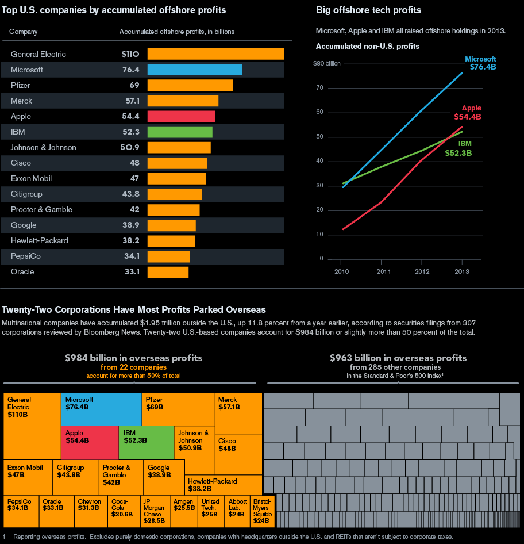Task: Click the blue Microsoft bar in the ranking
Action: (194, 70)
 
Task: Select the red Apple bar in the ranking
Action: (181, 116)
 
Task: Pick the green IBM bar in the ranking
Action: (180, 132)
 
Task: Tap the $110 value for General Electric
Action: (130, 54)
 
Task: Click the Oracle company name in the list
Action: (22, 271)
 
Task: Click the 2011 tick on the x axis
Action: (383, 271)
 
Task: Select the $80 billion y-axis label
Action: (327, 64)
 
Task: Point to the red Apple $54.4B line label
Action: (468, 113)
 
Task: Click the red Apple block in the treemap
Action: (90, 442)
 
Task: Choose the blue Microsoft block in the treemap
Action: (101, 409)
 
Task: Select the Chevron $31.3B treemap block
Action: (91, 511)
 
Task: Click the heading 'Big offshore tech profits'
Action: (368, 10)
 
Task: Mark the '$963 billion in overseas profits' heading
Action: (398, 358)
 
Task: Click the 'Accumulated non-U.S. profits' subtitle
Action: (368, 46)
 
